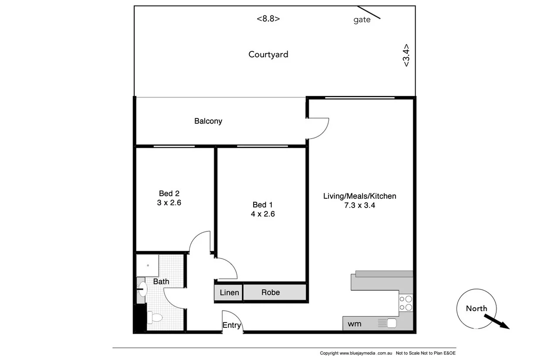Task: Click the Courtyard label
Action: [x=268, y=54]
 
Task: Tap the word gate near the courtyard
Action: [x=362, y=20]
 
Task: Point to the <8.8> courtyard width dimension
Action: [x=268, y=19]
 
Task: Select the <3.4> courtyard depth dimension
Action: [x=406, y=55]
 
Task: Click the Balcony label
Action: [x=208, y=121]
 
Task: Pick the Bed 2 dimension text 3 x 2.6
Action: [x=169, y=203]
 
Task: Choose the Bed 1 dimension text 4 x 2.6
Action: [x=263, y=214]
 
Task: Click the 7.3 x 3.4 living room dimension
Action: [x=359, y=205]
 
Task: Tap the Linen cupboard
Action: [x=229, y=292]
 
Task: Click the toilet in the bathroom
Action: [x=155, y=318]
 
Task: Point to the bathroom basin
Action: [x=142, y=289]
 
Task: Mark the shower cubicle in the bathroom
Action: [x=148, y=265]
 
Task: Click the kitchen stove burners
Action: [x=406, y=303]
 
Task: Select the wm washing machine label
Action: [x=354, y=324]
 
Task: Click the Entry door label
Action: [x=231, y=325]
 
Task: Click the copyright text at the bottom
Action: [x=356, y=353]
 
